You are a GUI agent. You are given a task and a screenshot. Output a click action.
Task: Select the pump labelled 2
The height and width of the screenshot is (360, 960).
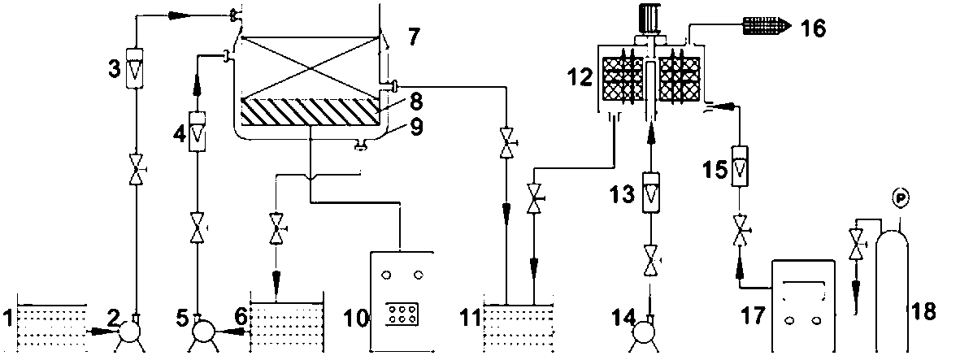[128, 331]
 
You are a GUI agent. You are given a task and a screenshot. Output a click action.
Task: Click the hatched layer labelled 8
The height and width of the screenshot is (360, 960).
[310, 111]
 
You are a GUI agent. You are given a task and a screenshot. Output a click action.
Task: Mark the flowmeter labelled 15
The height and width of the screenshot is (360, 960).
[738, 167]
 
